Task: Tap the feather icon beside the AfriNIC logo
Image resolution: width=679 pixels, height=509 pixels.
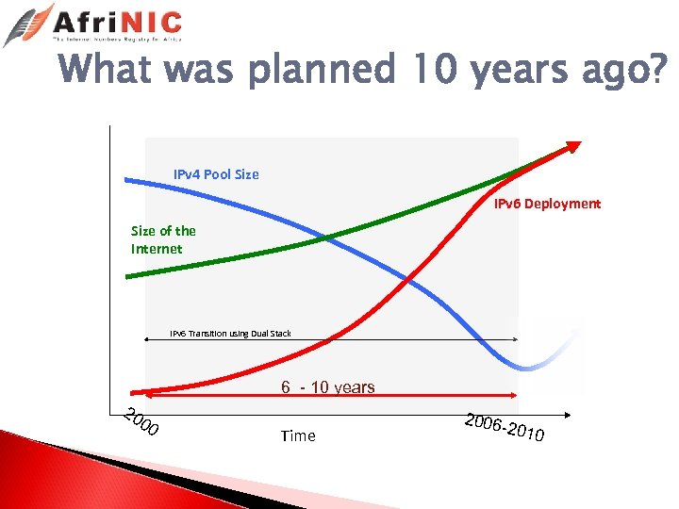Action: [x=28, y=25]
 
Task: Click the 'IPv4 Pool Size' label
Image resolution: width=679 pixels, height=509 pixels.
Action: [x=216, y=174]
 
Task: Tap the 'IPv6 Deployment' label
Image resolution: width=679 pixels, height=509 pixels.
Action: [x=547, y=204]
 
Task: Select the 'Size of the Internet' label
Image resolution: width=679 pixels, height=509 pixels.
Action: [x=162, y=239]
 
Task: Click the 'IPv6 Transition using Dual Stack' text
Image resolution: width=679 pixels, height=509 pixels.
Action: [x=230, y=334]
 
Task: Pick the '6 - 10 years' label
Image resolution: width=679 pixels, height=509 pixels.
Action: [x=327, y=387]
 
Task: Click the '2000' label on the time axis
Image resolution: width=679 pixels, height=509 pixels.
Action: [x=142, y=425]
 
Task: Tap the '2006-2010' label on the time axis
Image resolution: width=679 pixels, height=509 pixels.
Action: [x=504, y=428]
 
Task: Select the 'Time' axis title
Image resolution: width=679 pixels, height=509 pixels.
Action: [x=298, y=435]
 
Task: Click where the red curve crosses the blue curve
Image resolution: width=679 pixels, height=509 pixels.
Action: [x=408, y=280]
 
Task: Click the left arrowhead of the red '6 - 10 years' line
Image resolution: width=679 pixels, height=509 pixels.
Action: [x=133, y=393]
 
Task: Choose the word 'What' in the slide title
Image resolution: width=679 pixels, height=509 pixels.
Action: [x=104, y=70]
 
